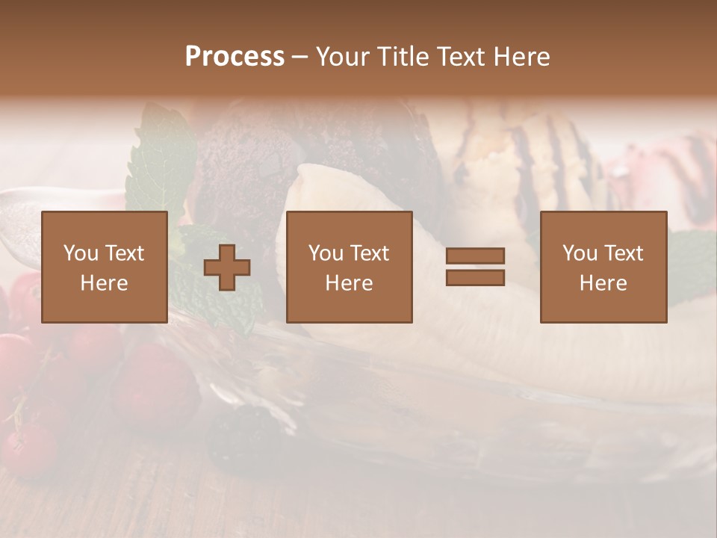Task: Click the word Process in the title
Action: [x=235, y=57]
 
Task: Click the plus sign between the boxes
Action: [x=227, y=268]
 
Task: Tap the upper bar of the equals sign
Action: [x=475, y=256]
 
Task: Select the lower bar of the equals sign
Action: [x=475, y=278]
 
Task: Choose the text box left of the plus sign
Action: [x=105, y=267]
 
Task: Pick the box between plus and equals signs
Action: [x=350, y=267]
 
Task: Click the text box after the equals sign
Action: [x=603, y=267]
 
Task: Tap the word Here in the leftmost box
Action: [x=105, y=283]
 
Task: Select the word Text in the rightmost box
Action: [x=624, y=253]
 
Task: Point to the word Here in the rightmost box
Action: [x=603, y=283]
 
